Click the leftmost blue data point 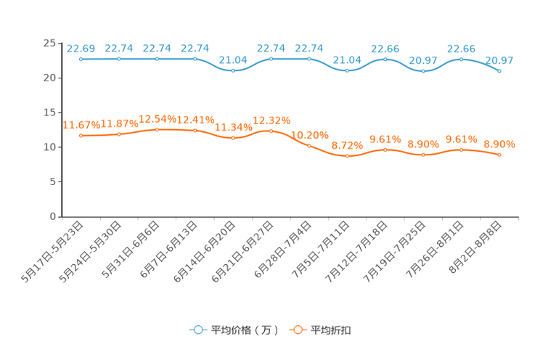pyautogui.click(x=81, y=59)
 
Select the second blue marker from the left pyautogui.click(x=119, y=59)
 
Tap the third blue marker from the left pyautogui.click(x=157, y=59)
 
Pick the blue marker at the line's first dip pyautogui.click(x=233, y=70)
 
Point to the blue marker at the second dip pyautogui.click(x=347, y=70)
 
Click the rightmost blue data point pyautogui.click(x=499, y=70)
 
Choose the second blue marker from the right pyautogui.click(x=461, y=59)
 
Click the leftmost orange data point pyautogui.click(x=81, y=136)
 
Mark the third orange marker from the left pyautogui.click(x=157, y=129)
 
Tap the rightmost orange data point pyautogui.click(x=499, y=155)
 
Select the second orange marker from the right pyautogui.click(x=461, y=150)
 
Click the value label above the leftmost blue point pyautogui.click(x=81, y=49)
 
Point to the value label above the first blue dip pyautogui.click(x=233, y=60)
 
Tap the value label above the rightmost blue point pyautogui.click(x=499, y=60)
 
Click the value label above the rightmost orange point pyautogui.click(x=499, y=144)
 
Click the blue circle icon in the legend pyautogui.click(x=197, y=330)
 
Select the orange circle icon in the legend pyautogui.click(x=297, y=330)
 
